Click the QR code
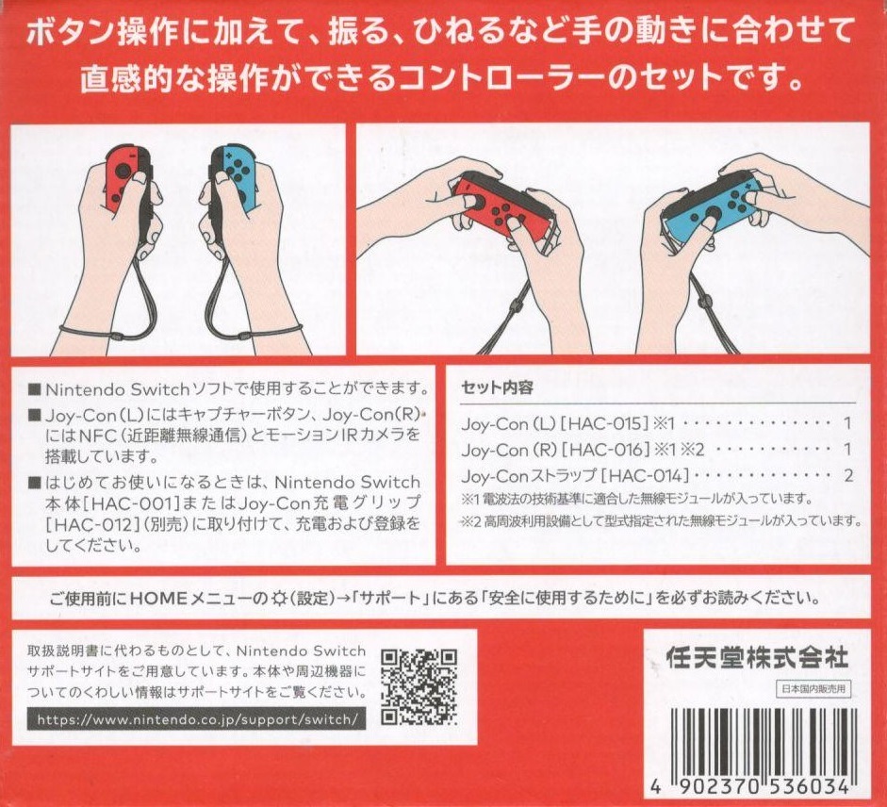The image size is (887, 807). (419, 687)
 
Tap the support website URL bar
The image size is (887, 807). (196, 720)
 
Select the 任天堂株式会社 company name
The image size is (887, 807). (757, 658)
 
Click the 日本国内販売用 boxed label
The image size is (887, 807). (813, 689)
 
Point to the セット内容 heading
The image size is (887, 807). (498, 388)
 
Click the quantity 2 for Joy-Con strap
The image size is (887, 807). (847, 475)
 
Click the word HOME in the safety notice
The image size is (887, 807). (158, 598)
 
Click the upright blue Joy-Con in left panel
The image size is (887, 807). (234, 178)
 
